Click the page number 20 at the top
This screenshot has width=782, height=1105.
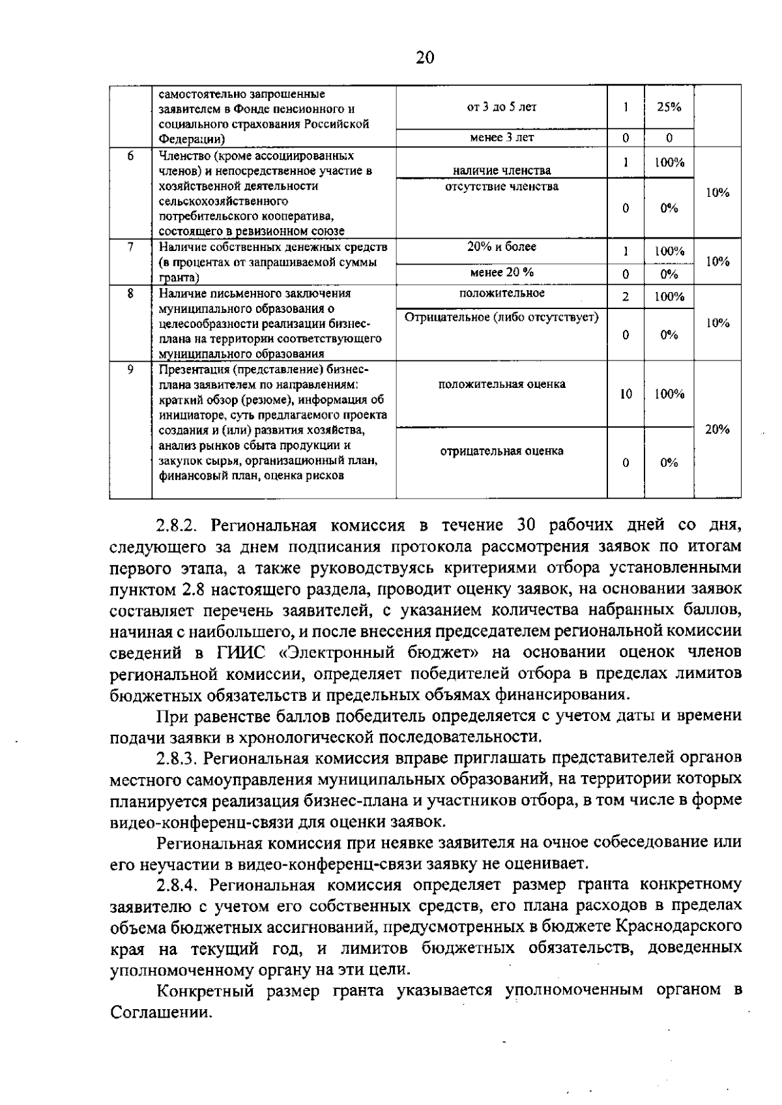424,58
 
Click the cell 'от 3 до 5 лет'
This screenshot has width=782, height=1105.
501,107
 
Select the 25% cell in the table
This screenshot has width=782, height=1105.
669,107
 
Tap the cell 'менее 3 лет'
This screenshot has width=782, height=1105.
501,138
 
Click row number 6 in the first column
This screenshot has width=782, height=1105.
130,156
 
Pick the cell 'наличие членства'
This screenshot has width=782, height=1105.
501,171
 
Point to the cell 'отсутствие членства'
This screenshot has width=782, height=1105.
501,187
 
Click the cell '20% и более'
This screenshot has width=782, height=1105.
501,247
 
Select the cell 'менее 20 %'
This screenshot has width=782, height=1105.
501,273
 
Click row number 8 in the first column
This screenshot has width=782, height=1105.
130,293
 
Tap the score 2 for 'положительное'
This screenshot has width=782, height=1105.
625,297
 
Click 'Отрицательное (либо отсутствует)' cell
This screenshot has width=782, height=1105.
501,317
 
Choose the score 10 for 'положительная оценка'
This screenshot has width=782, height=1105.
625,394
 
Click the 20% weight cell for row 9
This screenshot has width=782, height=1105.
717,429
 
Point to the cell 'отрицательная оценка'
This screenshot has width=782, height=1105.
501,451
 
